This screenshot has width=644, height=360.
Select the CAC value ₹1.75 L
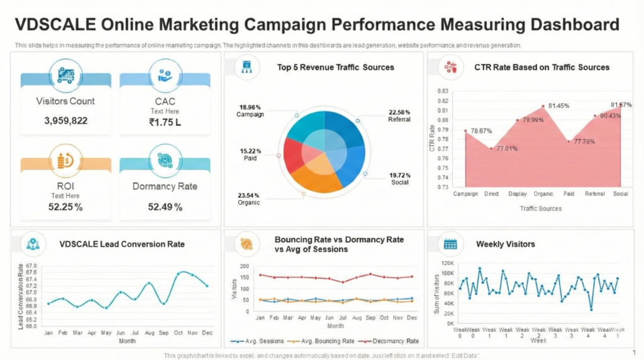[165, 122]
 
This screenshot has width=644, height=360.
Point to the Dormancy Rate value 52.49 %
[165, 206]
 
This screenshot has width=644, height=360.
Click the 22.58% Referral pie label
[399, 115]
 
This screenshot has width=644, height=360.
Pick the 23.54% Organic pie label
[250, 199]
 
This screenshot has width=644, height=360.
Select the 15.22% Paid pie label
[250, 155]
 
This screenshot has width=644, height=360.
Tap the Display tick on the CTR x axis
[518, 194]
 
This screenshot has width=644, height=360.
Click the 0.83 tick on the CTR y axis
[442, 91]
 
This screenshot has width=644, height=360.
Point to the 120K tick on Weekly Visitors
[447, 263]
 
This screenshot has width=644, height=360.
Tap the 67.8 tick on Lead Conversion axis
[31, 266]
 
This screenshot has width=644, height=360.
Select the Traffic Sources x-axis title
[541, 208]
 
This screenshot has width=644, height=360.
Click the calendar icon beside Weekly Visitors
[450, 244]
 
